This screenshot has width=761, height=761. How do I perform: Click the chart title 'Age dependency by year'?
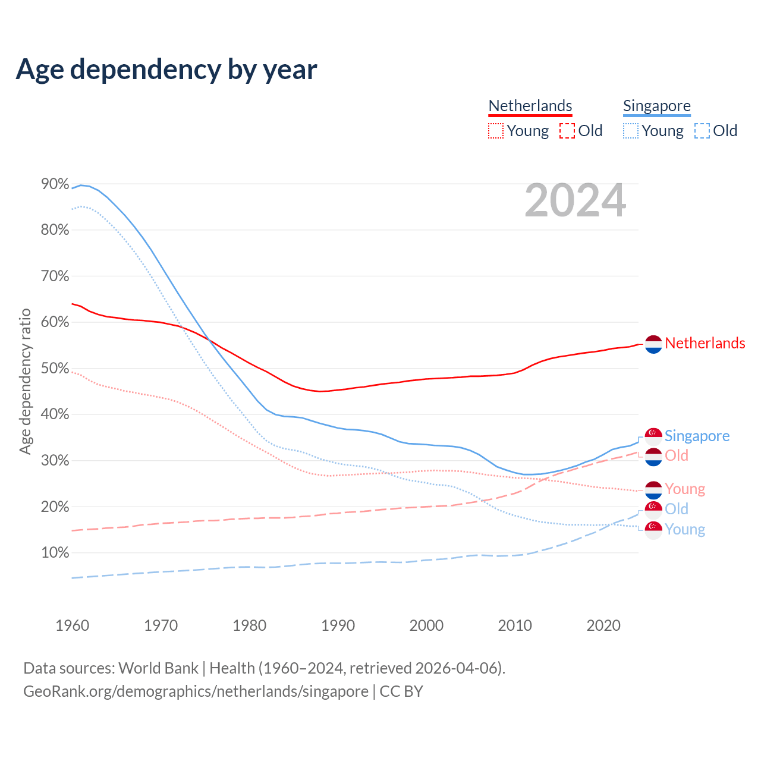166,70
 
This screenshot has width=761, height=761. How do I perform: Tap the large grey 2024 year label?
575,200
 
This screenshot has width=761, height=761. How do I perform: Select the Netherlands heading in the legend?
530,106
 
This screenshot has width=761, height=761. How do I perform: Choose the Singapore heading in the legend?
656,106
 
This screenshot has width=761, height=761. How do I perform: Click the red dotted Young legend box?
496,131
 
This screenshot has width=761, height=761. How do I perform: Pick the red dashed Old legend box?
567,131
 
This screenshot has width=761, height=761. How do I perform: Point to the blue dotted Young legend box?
631,131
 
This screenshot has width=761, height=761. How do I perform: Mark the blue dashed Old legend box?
702,131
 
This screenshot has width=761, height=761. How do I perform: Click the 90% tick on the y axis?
55,184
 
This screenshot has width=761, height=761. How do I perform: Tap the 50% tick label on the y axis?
55,369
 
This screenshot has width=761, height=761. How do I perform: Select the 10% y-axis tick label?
55,553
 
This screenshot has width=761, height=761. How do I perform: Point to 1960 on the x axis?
72,625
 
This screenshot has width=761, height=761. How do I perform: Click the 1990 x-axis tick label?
338,625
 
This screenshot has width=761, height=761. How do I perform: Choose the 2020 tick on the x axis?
603,625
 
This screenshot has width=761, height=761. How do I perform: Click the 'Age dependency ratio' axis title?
25,381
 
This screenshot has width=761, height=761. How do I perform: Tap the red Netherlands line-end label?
705,343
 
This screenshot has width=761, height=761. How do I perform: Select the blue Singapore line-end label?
697,436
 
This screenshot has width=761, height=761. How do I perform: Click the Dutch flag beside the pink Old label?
653,457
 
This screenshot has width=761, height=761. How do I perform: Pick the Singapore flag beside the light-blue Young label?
653,530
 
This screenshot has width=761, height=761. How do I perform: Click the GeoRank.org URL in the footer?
196,691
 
